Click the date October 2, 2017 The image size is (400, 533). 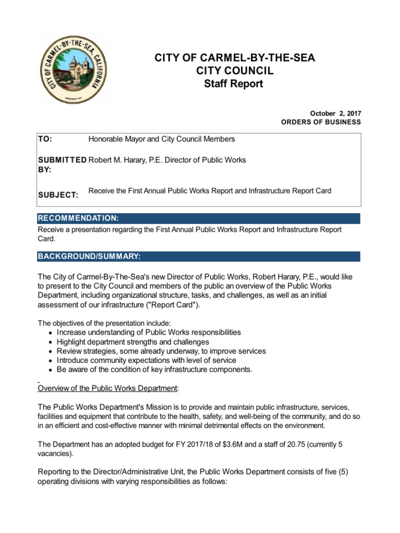tap(335, 113)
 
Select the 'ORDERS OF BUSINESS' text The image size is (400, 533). tap(321, 122)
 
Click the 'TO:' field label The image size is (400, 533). tap(45, 139)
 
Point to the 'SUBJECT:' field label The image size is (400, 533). tap(58, 195)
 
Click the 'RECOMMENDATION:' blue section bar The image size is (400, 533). tap(198, 218)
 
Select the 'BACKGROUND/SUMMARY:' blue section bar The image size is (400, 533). tap(198, 257)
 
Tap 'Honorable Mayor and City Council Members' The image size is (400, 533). tap(161, 139)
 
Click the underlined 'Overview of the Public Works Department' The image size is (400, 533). tap(108, 388)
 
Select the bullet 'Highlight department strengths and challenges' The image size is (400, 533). tap(133, 342)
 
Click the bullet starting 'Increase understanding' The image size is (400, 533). tap(148, 332)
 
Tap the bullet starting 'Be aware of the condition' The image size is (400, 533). tap(154, 370)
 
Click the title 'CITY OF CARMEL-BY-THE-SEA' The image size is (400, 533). tap(234, 58)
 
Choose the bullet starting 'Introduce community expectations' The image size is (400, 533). tap(146, 360)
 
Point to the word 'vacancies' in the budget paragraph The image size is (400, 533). tap(54, 453)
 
